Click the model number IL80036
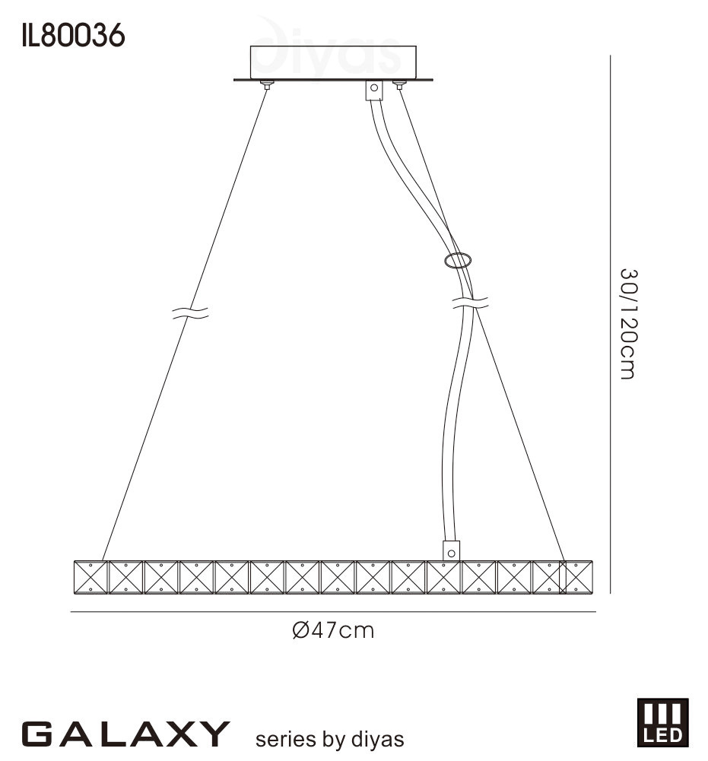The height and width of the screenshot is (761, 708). [73, 36]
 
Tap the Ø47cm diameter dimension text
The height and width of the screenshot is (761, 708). [334, 630]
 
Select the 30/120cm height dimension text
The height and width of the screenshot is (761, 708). [628, 324]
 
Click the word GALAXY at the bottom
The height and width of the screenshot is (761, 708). [125, 734]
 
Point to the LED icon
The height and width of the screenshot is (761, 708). [662, 722]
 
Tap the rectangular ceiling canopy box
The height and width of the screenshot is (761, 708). [333, 62]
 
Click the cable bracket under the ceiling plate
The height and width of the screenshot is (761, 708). [374, 90]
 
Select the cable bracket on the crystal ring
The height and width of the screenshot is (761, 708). [451, 551]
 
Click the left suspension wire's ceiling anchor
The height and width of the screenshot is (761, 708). [266, 84]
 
